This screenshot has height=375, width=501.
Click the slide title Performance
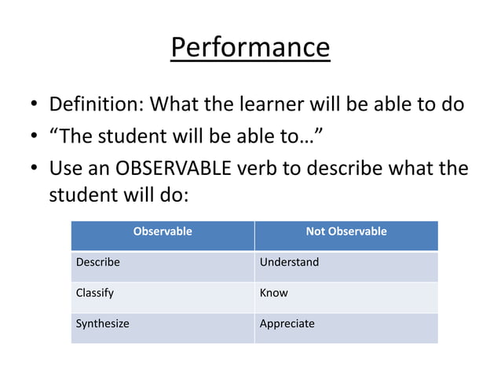coord(250,48)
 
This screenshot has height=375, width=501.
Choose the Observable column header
coord(163,231)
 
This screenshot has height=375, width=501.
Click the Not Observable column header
coord(346,231)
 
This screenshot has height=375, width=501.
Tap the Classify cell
coord(95,293)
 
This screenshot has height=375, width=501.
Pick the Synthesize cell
coord(102,323)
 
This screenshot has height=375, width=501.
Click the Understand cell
coord(289,262)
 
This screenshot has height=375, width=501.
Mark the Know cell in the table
coord(274,293)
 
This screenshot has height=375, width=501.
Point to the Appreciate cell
coord(287,323)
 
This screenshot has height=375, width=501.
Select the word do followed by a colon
coord(173,194)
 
